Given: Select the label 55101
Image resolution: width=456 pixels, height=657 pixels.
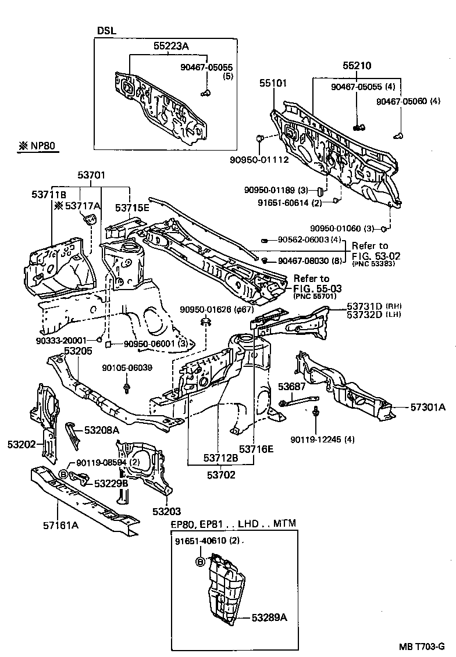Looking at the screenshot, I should (x=273, y=84).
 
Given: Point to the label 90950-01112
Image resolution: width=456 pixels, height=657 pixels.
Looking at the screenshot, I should (x=259, y=159).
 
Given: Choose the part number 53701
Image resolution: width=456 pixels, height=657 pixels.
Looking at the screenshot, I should (x=92, y=174).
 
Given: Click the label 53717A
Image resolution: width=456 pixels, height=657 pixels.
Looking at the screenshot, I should (x=82, y=205).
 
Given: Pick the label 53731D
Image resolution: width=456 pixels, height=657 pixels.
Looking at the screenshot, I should (x=365, y=306).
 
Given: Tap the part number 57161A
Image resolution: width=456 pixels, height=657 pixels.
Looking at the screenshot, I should (x=60, y=526).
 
